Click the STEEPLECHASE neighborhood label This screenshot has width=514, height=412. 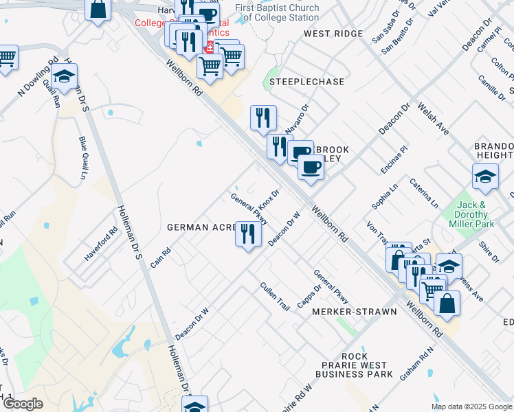(306, 82)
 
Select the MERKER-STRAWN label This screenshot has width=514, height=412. (355, 312)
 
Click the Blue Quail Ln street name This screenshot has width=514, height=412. (83, 159)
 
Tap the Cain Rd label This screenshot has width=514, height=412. (159, 260)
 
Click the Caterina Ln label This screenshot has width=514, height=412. (424, 193)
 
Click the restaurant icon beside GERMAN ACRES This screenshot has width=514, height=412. (248, 233)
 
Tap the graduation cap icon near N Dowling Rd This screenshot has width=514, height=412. (64, 76)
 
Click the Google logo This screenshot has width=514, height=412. (23, 404)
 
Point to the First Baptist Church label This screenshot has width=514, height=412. (277, 12)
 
